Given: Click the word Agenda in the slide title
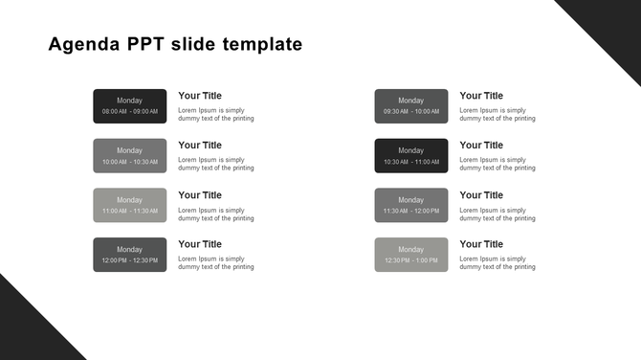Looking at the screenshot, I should click(80, 44).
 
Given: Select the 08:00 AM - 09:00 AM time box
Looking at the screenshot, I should click(129, 105).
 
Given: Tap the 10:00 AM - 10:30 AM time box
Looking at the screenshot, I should click(129, 155).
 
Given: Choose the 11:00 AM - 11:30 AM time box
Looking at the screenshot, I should click(129, 205).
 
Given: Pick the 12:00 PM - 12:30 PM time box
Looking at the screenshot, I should click(129, 255).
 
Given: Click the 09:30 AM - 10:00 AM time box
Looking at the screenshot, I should click(410, 105).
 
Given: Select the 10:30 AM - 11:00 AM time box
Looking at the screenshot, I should click(410, 155).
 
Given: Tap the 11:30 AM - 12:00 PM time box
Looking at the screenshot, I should click(410, 205).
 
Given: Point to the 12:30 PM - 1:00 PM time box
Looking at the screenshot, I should click(410, 255).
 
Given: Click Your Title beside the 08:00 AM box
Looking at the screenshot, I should click(200, 96).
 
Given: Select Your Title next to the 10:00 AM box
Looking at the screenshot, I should click(200, 146).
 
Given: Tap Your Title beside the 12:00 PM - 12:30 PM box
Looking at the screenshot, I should click(200, 244).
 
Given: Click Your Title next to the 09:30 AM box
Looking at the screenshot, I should click(481, 96).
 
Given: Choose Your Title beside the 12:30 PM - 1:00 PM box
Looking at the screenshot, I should click(481, 244).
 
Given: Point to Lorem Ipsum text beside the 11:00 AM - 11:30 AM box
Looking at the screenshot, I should click(216, 214).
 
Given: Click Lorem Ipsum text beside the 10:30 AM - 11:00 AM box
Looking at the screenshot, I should click(497, 164).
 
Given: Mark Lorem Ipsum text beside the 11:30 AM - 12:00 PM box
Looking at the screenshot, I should click(497, 214).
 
